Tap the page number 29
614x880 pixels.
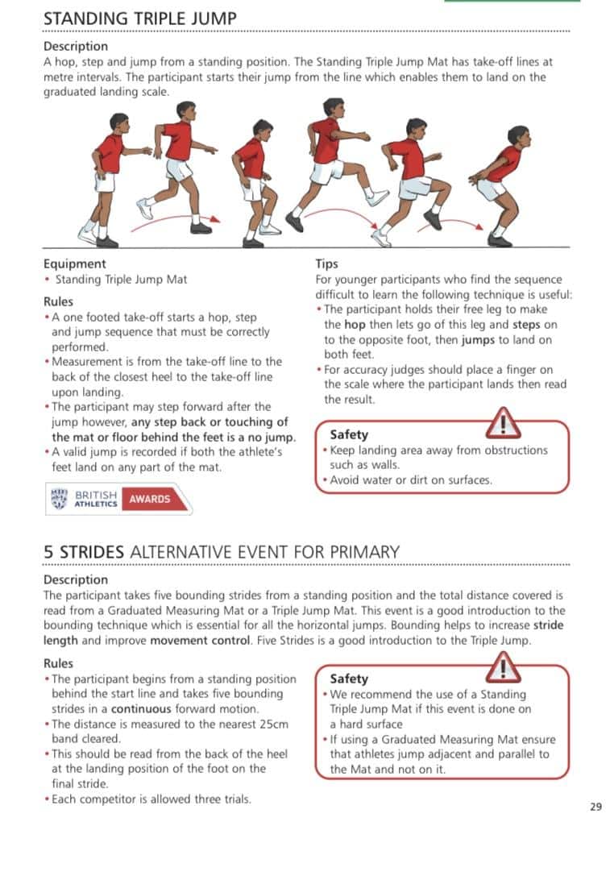coord(595,807)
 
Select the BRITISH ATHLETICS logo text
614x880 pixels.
coord(95,499)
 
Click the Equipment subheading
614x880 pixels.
coord(74,264)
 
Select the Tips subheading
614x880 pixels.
coord(326,264)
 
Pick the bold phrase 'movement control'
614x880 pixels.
coord(197,640)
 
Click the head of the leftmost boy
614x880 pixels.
coord(118,122)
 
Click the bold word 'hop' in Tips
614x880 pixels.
coord(355,325)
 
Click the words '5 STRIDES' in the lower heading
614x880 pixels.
coord(84,552)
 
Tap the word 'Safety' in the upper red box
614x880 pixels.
coord(349,434)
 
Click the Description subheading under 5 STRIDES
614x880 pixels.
coord(75,579)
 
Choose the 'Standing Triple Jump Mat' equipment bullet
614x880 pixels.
coord(121,279)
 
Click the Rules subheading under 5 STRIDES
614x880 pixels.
coord(58,663)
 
